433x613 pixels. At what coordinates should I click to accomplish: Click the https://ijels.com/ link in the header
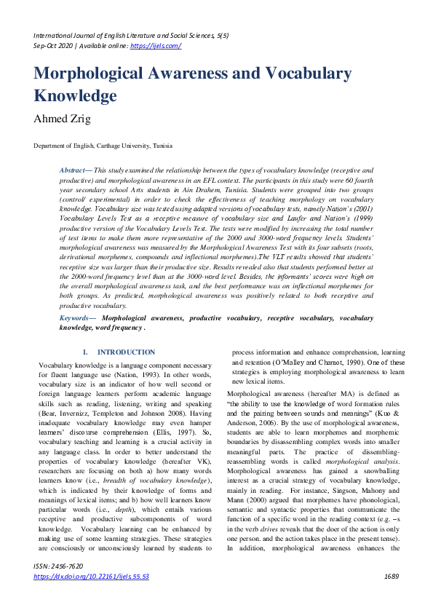point(155,45)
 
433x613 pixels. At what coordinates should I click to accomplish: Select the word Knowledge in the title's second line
point(75,96)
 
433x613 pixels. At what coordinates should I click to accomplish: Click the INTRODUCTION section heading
point(126,352)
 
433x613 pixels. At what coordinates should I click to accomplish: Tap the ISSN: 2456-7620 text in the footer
point(58,586)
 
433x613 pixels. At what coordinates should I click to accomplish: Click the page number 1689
point(392,596)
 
